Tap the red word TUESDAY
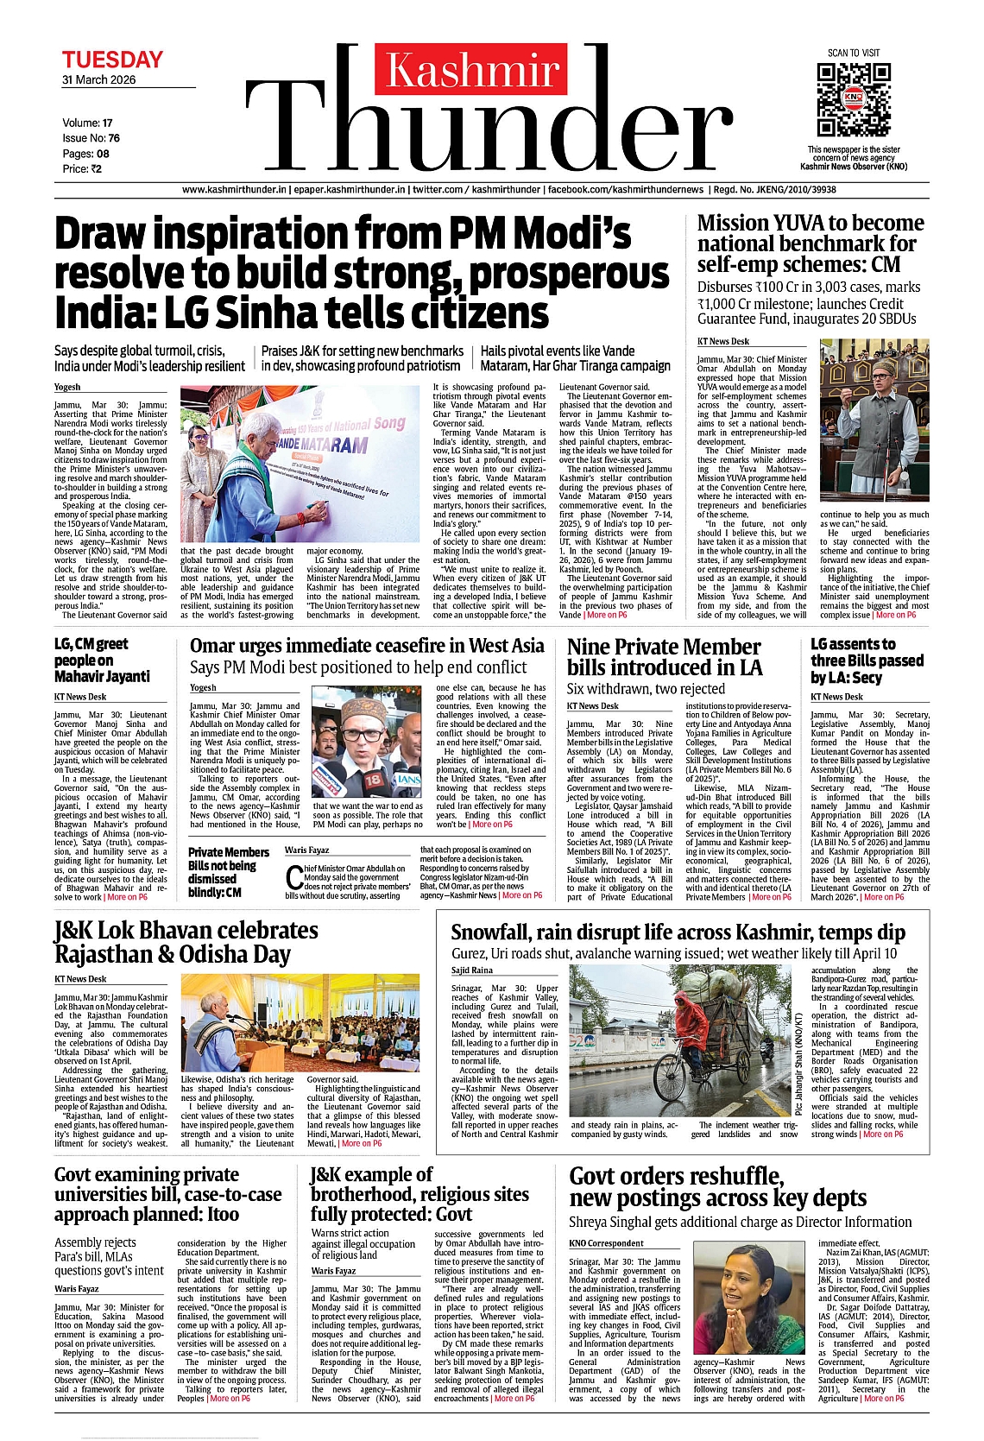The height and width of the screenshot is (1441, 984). tap(112, 60)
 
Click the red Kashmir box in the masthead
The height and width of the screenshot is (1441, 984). tap(471, 70)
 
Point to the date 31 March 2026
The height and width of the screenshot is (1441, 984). tap(98, 79)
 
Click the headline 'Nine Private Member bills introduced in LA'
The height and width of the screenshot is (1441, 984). tap(664, 657)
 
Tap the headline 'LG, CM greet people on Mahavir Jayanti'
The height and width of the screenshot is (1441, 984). tap(102, 660)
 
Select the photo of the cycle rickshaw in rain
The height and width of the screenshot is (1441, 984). tap(680, 1040)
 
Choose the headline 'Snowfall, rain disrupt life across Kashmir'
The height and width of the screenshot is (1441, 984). tap(678, 932)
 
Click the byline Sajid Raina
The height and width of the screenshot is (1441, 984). tap(472, 970)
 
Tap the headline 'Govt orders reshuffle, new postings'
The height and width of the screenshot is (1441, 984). tap(717, 1186)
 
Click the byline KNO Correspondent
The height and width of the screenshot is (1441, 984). tap(606, 1243)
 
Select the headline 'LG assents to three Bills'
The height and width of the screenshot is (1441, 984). tap(867, 660)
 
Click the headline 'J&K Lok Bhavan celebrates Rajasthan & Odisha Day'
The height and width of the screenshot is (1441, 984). tap(186, 942)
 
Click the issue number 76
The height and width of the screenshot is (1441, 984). tap(114, 138)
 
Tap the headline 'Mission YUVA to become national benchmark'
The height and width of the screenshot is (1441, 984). tap(810, 243)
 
